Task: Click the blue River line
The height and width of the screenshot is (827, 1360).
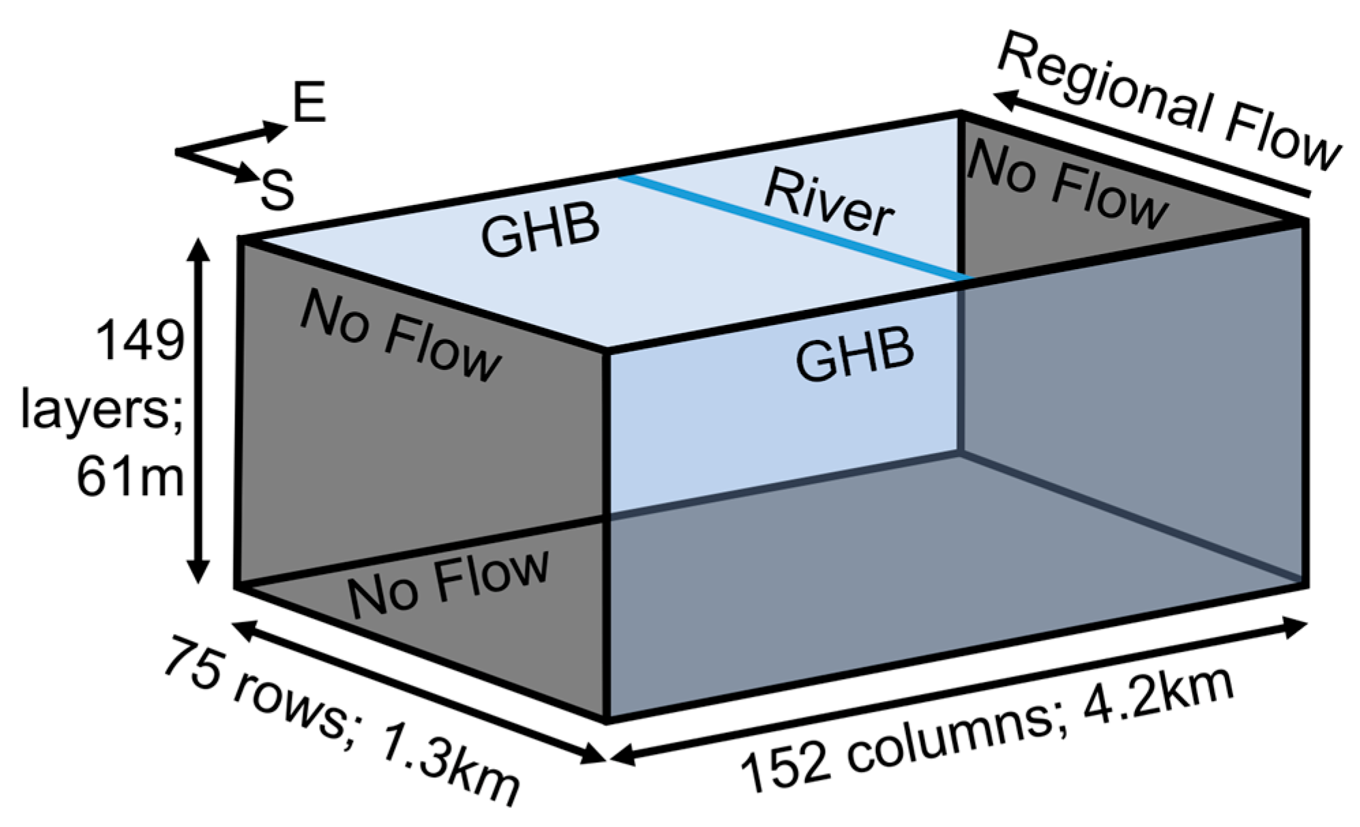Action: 791,228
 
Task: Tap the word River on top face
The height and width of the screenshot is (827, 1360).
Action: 828,203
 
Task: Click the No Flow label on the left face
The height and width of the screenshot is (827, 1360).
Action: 401,335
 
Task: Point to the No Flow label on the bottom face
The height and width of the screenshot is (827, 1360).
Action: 448,583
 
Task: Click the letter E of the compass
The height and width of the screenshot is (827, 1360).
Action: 309,102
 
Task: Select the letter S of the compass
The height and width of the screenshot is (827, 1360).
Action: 277,190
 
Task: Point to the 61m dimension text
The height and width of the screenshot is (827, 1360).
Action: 130,477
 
